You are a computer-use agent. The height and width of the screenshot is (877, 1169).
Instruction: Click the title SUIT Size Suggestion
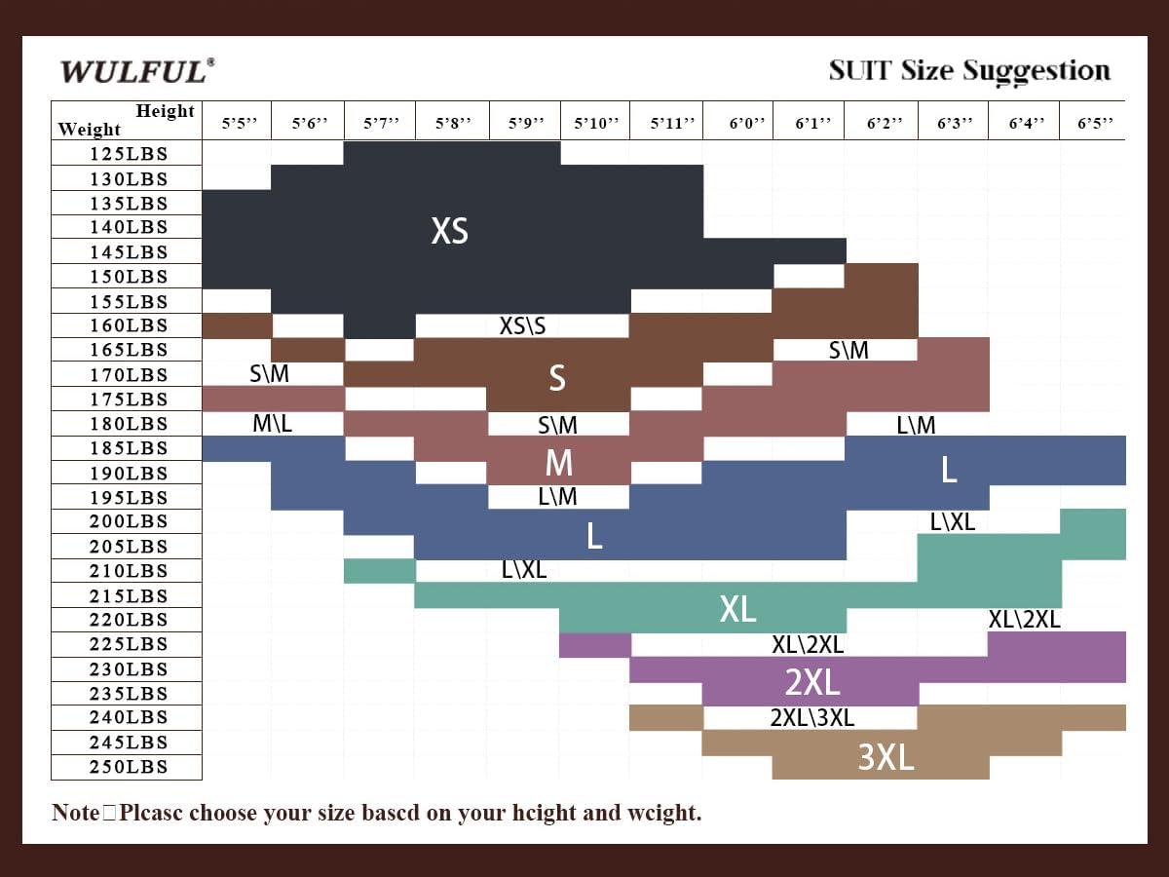tap(968, 71)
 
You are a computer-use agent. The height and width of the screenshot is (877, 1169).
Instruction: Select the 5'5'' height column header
tap(239, 124)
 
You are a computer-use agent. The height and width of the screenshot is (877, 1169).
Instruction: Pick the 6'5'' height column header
tap(1095, 124)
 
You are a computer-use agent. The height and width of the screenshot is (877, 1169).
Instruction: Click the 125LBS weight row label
tap(129, 154)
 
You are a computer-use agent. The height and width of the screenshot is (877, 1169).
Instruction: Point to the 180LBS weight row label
tap(129, 424)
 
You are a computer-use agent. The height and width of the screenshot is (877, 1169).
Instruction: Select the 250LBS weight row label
tap(129, 767)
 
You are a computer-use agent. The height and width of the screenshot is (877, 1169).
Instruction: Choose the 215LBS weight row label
tap(129, 595)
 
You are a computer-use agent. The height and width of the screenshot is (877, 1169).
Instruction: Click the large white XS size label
tap(449, 231)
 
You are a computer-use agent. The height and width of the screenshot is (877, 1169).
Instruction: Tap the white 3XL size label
tap(886, 757)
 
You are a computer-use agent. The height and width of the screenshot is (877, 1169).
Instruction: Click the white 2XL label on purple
tap(811, 682)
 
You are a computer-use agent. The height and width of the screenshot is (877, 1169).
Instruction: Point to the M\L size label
tap(272, 423)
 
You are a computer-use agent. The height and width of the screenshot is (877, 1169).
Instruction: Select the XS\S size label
tap(522, 325)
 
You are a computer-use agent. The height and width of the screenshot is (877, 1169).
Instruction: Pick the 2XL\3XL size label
tap(811, 718)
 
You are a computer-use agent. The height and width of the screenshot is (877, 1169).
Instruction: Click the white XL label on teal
tap(737, 609)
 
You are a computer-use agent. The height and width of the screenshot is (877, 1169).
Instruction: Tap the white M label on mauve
tap(558, 462)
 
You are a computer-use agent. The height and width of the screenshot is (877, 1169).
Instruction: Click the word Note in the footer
tap(75, 813)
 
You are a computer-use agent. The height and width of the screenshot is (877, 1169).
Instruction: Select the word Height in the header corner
tap(165, 111)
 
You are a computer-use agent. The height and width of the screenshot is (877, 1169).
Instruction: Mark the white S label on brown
tap(556, 377)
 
